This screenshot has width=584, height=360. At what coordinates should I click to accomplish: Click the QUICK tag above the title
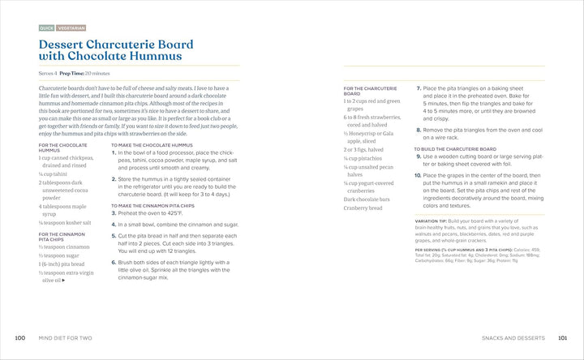click(x=47, y=28)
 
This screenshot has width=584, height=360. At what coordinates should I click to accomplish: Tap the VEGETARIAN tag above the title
click(x=71, y=28)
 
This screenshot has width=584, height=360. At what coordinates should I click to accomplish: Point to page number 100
click(x=20, y=337)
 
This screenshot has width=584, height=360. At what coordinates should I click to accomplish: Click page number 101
click(x=563, y=337)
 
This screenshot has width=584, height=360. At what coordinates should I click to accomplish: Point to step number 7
click(x=418, y=88)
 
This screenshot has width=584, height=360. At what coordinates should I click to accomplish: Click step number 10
click(x=417, y=175)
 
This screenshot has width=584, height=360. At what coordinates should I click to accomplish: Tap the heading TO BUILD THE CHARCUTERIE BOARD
click(x=455, y=149)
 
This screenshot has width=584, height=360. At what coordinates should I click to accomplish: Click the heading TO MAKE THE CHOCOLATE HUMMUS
click(x=146, y=145)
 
